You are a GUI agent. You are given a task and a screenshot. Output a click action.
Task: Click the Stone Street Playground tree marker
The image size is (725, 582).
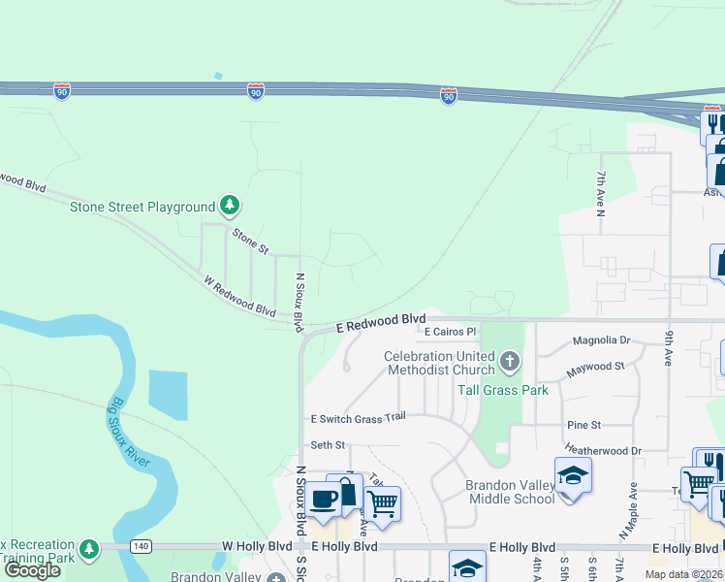(229, 206)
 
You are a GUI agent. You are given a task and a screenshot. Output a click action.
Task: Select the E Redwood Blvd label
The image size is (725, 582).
(381, 323)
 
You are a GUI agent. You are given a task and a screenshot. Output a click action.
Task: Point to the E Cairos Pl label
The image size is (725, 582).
(452, 332)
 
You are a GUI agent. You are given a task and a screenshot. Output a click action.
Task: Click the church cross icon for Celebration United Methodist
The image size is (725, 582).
(510, 363)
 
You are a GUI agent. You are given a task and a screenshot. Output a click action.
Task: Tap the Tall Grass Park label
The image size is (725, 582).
(502, 390)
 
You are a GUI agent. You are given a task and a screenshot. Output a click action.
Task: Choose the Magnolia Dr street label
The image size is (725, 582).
(601, 340)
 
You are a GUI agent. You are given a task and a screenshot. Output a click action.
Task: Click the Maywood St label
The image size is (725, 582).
(598, 367)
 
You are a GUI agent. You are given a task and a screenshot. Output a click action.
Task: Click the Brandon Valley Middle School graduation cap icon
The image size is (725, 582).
(572, 475)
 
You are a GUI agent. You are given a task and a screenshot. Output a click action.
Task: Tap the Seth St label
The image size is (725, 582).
(328, 445)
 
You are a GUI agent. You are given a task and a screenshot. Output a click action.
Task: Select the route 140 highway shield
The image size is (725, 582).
(141, 547)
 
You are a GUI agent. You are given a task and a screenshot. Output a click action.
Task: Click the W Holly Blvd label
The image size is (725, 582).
(257, 547)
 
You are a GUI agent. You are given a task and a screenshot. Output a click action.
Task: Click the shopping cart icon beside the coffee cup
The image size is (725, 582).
(383, 503)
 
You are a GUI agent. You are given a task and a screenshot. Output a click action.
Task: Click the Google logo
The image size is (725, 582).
(32, 570)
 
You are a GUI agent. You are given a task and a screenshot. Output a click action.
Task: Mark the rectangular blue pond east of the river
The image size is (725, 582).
(169, 395)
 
